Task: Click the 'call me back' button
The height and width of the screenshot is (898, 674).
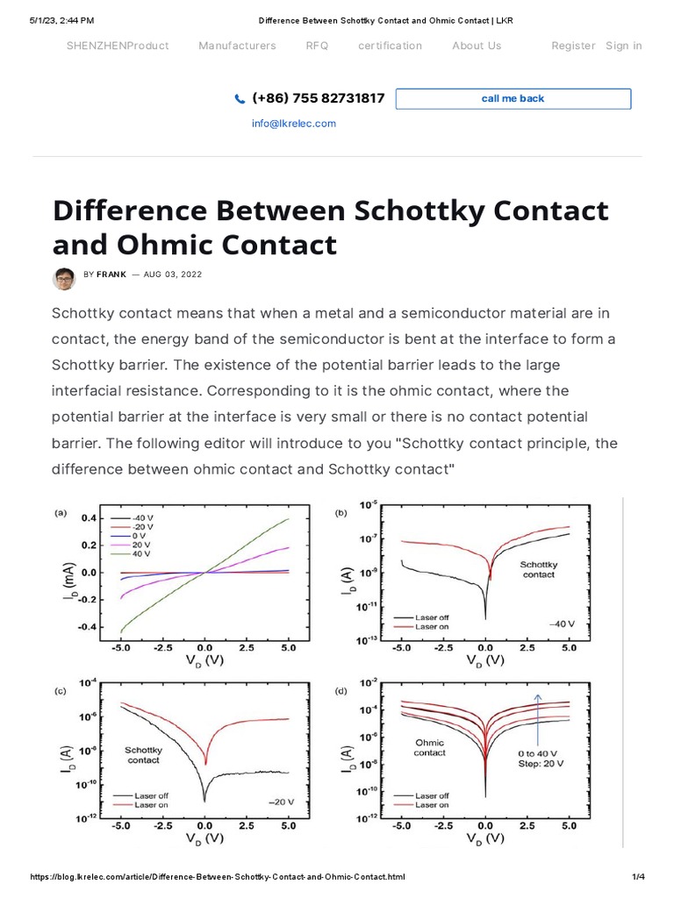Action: pos(513,98)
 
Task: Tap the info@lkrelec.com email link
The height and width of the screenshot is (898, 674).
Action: pos(293,124)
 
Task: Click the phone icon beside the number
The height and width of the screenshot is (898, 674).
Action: pos(240,99)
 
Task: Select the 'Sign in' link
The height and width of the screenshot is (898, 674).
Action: pos(623,46)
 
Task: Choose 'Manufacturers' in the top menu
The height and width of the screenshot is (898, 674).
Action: pos(237,46)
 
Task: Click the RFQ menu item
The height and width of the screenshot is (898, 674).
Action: pos(317,46)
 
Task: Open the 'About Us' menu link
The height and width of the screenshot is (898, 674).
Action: pos(477,46)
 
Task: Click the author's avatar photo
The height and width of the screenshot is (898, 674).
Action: pos(64,278)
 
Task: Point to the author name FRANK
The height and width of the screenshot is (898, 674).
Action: pos(111,274)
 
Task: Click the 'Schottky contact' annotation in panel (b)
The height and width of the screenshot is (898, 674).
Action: pos(538,569)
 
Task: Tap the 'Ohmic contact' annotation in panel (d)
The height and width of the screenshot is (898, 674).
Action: pos(429,747)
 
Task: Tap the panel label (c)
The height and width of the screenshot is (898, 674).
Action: pos(61,692)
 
